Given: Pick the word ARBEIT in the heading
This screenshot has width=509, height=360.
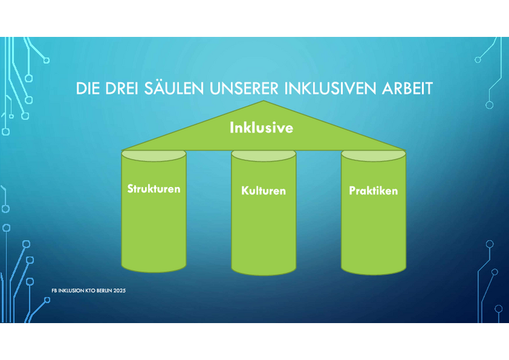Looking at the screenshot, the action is point(407,88).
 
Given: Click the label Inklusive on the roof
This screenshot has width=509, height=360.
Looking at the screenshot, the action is point(261,128).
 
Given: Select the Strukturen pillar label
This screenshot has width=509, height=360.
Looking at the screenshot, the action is point(153,189).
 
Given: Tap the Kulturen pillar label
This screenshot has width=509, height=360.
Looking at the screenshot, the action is point(263,191).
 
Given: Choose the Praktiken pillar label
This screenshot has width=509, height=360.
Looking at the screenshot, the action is point(373,191).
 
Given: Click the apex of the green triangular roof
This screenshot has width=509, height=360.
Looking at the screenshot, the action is point(263,101).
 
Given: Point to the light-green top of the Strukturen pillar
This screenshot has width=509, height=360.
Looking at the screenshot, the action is point(153,155).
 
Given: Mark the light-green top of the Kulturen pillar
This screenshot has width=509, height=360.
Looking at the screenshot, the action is point(263,155).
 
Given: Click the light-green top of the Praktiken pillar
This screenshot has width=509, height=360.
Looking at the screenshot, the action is point(373,155).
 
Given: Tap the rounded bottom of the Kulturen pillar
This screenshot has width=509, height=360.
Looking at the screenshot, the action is point(263,272).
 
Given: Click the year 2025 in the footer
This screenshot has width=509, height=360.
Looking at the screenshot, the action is point(120,291).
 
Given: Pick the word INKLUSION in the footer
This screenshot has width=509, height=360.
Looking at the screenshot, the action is point(71,291).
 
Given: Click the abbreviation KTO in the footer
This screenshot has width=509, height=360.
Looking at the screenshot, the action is point(90,291).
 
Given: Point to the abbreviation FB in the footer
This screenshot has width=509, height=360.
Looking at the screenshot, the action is point(54,291).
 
